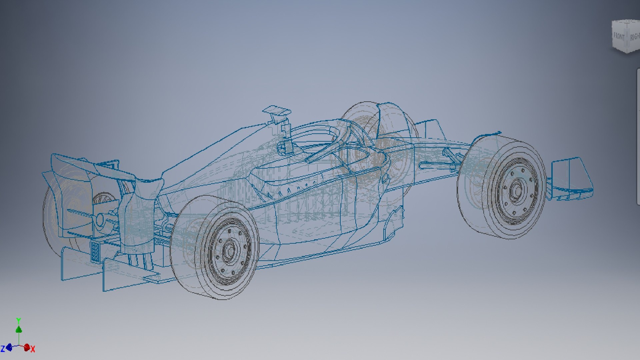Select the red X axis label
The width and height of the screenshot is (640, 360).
(x=33, y=349)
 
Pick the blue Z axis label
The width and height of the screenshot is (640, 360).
(x=3, y=349)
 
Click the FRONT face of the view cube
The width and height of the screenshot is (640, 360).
(x=619, y=36)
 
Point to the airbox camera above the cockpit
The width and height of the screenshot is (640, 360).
(x=276, y=112)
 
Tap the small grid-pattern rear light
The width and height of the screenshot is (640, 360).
(x=95, y=251)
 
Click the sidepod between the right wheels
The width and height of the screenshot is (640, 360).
(x=317, y=213)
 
